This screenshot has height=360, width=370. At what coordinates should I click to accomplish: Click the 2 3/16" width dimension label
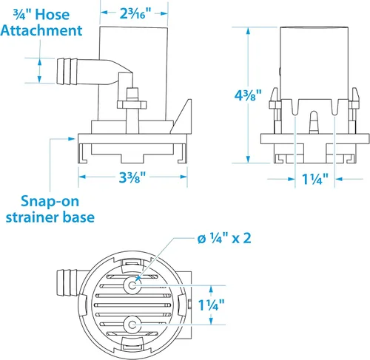[135, 13]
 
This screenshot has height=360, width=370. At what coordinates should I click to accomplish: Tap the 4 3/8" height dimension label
[248, 95]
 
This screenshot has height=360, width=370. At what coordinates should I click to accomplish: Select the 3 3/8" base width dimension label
[132, 177]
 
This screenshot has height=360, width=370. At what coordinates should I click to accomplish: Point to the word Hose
[53, 15]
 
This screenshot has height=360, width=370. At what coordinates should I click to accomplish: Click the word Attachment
[41, 30]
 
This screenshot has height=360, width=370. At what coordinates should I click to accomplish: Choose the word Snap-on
[50, 202]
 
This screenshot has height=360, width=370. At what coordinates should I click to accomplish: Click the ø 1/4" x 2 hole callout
[224, 238]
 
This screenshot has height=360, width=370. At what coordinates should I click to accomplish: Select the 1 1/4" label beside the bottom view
[212, 305]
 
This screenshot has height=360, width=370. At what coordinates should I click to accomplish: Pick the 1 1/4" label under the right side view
[315, 179]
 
